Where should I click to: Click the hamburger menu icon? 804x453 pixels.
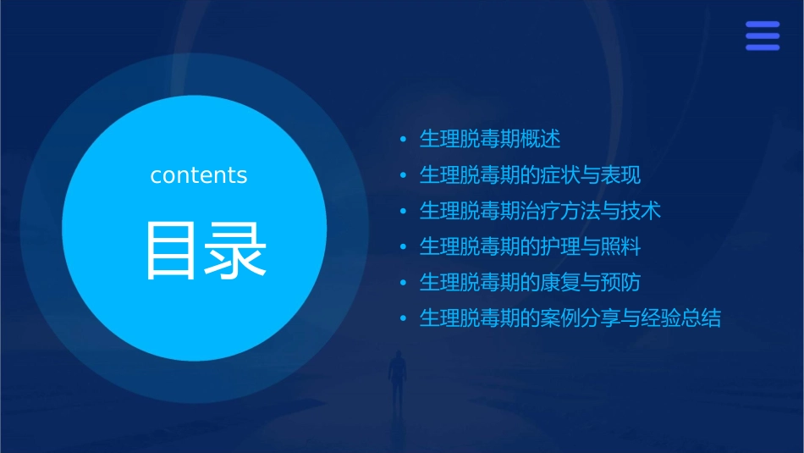pyautogui.click(x=763, y=36)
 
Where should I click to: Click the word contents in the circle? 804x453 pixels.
pyautogui.click(x=199, y=175)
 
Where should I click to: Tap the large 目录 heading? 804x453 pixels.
pyautogui.click(x=206, y=251)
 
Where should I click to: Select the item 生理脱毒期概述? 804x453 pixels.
pyautogui.click(x=490, y=139)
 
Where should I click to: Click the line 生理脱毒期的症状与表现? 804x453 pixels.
pyautogui.click(x=530, y=175)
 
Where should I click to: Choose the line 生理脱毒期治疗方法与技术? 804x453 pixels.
pyautogui.click(x=540, y=211)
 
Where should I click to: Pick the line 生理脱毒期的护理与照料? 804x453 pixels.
pyautogui.click(x=530, y=247)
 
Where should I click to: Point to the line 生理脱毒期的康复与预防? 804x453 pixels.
pyautogui.click(x=530, y=283)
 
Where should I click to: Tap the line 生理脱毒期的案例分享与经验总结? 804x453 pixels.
pyautogui.click(x=570, y=319)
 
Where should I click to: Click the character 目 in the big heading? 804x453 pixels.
pyautogui.click(x=173, y=251)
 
